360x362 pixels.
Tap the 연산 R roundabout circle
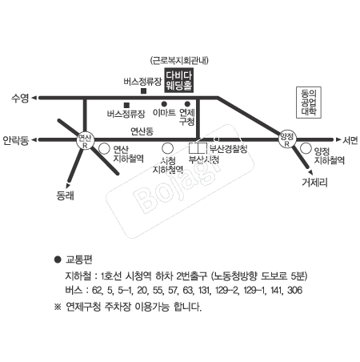[x=85, y=140]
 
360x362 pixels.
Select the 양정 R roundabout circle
[x=287, y=139]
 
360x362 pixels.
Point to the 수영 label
[x=19, y=98]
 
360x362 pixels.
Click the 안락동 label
[x=16, y=141]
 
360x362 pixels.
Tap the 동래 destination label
[x=65, y=195]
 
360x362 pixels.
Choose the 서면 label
[x=350, y=140]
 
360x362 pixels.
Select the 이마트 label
[x=163, y=114]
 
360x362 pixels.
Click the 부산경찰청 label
[x=227, y=149]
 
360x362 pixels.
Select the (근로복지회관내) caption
[x=180, y=60]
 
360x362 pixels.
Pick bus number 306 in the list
[x=294, y=289]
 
